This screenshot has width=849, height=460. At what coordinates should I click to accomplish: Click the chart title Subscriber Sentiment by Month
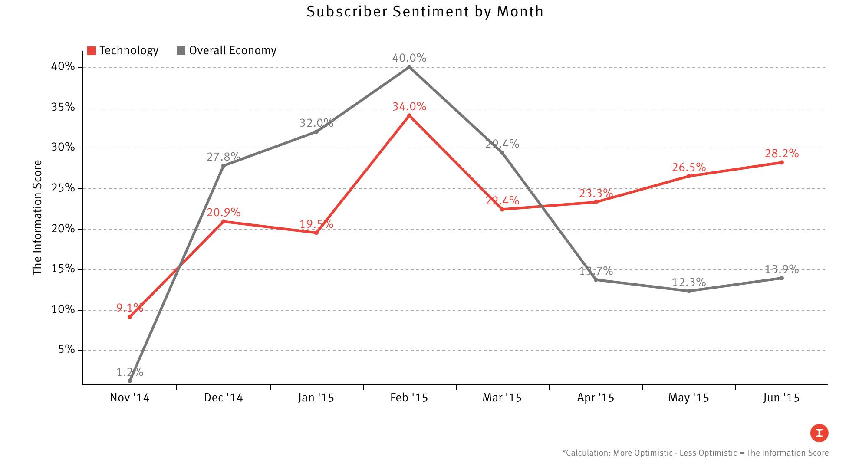[x=424, y=12]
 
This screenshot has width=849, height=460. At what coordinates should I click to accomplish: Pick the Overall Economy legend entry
[x=227, y=51]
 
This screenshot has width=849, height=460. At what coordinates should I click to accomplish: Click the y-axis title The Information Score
[x=38, y=217]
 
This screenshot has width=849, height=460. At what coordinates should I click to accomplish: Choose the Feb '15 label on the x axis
[x=409, y=398]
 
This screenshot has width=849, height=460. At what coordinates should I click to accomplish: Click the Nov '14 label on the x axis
[x=129, y=398]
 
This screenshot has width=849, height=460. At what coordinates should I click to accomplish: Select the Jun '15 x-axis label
[x=781, y=398]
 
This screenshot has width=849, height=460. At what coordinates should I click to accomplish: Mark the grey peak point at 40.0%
[x=409, y=67]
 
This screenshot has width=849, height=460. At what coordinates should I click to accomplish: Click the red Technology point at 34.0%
[x=409, y=115]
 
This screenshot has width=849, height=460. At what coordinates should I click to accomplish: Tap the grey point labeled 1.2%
[x=130, y=381]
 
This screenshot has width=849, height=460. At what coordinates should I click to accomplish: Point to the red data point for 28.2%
[x=782, y=162]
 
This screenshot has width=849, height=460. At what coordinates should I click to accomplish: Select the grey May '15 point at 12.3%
[x=689, y=291]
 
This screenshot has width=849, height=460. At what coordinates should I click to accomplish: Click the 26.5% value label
[x=689, y=167]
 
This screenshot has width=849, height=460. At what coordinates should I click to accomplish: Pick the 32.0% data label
[x=316, y=123]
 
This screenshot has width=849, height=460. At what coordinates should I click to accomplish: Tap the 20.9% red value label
[x=224, y=212]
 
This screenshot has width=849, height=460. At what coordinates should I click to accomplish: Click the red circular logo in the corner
[x=819, y=433]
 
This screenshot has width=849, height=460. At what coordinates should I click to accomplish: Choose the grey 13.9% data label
[x=781, y=269]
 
